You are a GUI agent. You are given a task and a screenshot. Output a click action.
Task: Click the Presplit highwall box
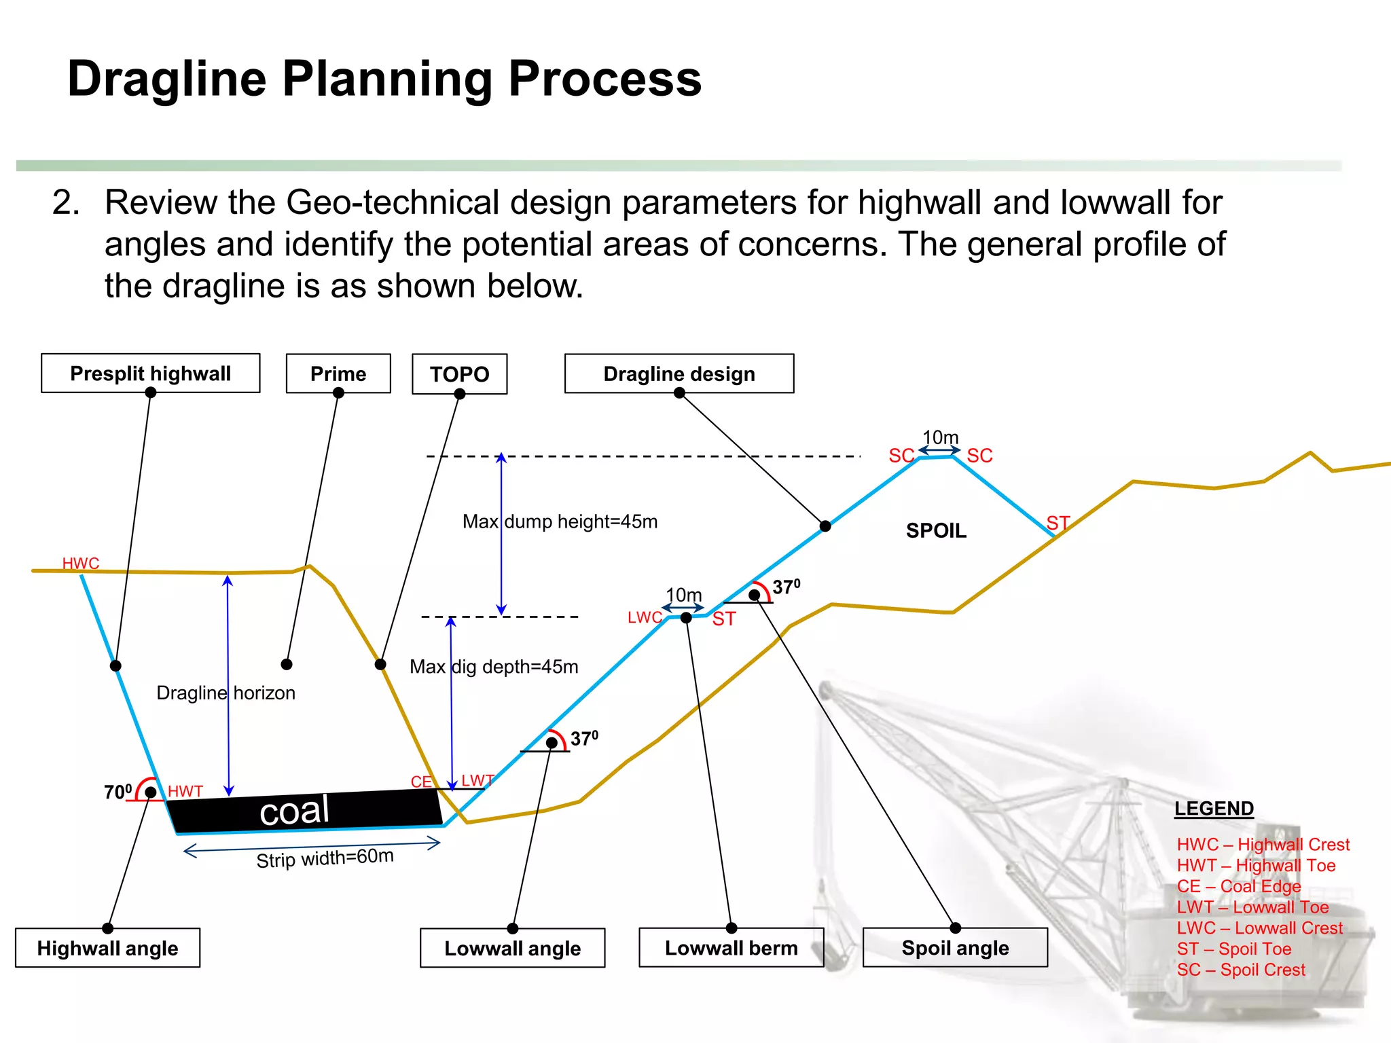pos(150,373)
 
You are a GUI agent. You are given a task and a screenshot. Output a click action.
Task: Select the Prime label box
pos(338,373)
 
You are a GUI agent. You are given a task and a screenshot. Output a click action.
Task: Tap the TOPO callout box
pos(459,374)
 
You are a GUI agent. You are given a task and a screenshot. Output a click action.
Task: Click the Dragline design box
pos(679,373)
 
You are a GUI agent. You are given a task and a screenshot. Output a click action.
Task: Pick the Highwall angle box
pos(107,948)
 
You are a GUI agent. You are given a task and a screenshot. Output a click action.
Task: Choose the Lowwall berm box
pos(731,948)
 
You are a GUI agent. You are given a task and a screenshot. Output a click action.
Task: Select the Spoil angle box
pos(955,948)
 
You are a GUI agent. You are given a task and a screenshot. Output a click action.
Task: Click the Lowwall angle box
pos(512,948)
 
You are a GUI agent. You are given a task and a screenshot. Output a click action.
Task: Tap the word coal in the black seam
pos(294,811)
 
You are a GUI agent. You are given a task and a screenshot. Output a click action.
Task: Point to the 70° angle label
pos(118,792)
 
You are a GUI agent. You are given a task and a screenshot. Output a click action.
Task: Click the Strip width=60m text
pos(325,858)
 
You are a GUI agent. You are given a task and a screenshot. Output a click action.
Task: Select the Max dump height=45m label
pos(560,521)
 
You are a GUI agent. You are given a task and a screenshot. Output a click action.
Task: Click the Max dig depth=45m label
pos(494,667)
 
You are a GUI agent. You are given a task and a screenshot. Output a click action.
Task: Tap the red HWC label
pos(80,563)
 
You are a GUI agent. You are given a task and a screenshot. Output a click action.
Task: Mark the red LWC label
pos(644,617)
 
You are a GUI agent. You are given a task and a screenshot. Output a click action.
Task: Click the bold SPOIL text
pos(936,530)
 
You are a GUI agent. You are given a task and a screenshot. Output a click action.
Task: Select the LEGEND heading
pos(1214,808)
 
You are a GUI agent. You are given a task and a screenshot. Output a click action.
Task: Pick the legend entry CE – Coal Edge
pos(1238,886)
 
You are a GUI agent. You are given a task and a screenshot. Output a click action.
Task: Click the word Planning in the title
pos(386,79)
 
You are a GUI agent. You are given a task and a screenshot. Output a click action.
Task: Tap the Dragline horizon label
pos(225,693)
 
